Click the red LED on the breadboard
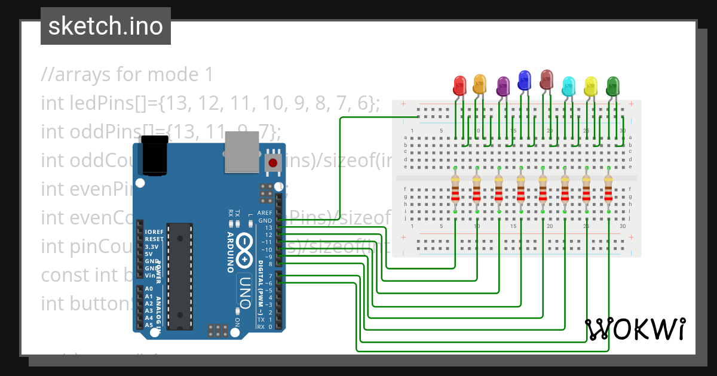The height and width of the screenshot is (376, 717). pos(459,85)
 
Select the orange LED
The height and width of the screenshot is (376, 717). pos(479,84)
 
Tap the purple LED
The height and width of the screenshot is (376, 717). pos(503,87)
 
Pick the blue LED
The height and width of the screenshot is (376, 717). pos(525,79)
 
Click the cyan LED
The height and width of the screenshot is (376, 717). pos(569,85)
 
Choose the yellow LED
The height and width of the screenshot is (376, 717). pos(591,86)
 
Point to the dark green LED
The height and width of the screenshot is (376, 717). pos(612,86)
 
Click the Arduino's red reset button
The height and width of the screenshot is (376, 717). pos(273,162)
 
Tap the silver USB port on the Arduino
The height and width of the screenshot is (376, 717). pos(243,153)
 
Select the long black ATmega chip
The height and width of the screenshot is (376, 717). pos(180,276)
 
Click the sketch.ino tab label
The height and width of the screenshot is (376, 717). pos(106,26)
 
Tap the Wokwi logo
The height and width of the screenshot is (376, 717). pos(635,329)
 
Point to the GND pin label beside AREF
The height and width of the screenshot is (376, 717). pos(265,220)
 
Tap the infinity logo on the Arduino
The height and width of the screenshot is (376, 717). pos(245,249)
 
